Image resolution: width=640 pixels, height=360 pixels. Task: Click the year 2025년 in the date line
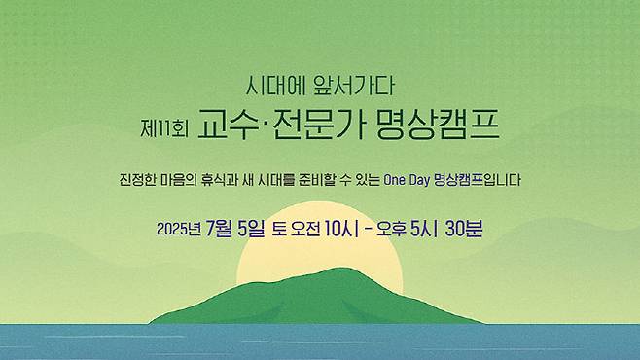click(x=178, y=230)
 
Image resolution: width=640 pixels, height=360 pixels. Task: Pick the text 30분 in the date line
click(x=464, y=230)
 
